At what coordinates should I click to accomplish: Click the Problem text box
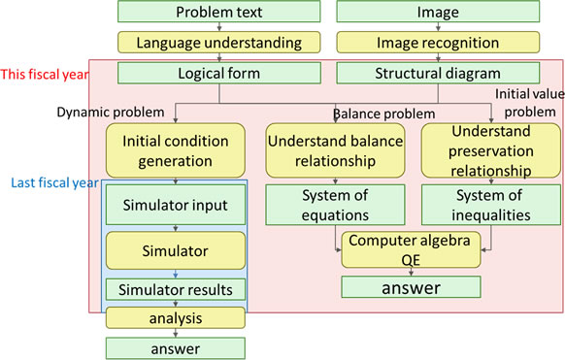pyautogui.click(x=219, y=12)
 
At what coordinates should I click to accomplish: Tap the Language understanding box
pyautogui.click(x=219, y=43)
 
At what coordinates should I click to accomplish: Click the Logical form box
pyautogui.click(x=219, y=74)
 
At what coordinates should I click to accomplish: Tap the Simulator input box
pyautogui.click(x=175, y=205)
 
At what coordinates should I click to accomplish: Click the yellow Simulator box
pyautogui.click(x=175, y=250)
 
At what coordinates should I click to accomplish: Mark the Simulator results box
pyautogui.click(x=175, y=289)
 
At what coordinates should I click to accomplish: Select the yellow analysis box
pyautogui.click(x=175, y=317)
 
